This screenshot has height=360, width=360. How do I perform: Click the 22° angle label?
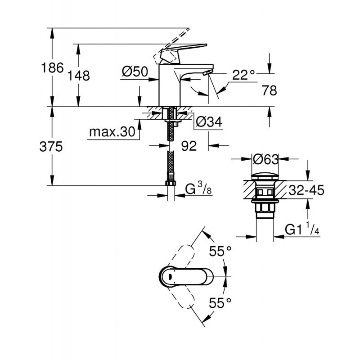(244, 75)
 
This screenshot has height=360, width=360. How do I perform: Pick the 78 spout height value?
(269, 90)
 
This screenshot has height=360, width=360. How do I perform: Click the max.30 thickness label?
(112, 132)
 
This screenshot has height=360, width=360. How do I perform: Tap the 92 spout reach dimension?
(189, 146)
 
